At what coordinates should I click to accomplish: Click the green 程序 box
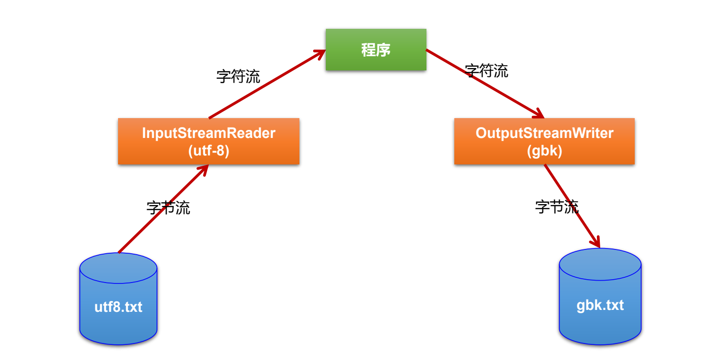click(x=375, y=50)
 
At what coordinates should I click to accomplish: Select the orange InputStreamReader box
click(x=208, y=141)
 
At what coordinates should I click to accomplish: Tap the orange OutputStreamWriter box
click(x=544, y=141)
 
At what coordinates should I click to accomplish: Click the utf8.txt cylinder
click(x=118, y=299)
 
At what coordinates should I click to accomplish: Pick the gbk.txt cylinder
click(x=600, y=297)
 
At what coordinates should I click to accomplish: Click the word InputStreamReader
click(x=208, y=133)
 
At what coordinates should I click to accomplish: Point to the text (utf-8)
click(x=208, y=151)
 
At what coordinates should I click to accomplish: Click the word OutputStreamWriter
click(x=544, y=133)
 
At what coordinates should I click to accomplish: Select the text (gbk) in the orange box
click(x=544, y=151)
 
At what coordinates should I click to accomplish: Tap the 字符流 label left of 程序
click(x=238, y=76)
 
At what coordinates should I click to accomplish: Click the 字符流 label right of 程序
click(x=486, y=71)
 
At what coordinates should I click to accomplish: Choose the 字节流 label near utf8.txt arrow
click(x=168, y=207)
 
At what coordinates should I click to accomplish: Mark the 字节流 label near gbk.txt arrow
click(x=556, y=206)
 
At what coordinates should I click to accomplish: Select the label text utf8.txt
click(x=118, y=307)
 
